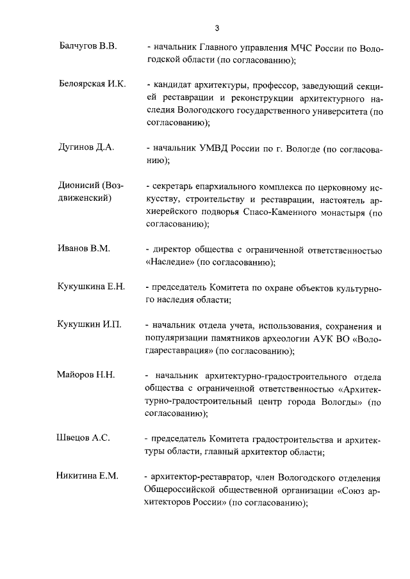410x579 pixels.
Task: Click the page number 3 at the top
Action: [217, 28]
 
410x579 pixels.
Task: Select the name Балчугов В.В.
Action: [85, 49]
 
